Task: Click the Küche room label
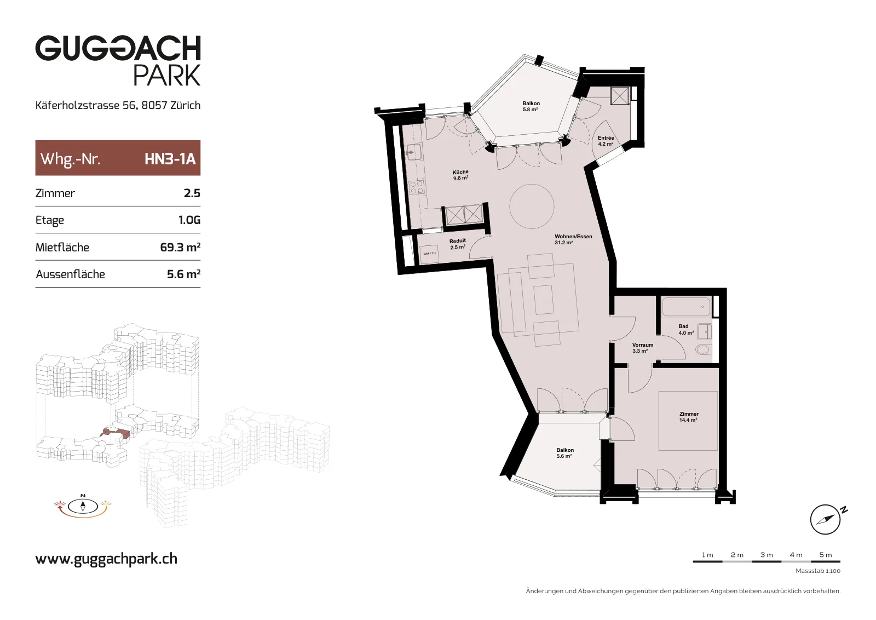click(460, 175)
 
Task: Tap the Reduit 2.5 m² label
click(457, 244)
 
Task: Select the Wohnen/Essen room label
click(573, 239)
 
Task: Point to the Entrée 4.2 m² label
click(606, 141)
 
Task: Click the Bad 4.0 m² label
click(686, 329)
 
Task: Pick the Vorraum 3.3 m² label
click(643, 348)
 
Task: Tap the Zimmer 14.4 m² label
click(688, 417)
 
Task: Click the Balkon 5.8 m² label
click(531, 106)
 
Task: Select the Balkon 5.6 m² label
click(564, 453)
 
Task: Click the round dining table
click(532, 206)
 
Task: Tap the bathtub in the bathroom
click(686, 306)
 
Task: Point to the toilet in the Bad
click(703, 349)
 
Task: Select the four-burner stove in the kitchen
click(417, 187)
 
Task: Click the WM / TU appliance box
click(429, 254)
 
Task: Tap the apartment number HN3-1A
click(170, 159)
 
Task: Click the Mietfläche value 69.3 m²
click(180, 247)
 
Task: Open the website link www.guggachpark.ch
click(106, 559)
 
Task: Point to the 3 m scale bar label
click(766, 555)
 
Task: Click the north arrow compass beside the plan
click(825, 519)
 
